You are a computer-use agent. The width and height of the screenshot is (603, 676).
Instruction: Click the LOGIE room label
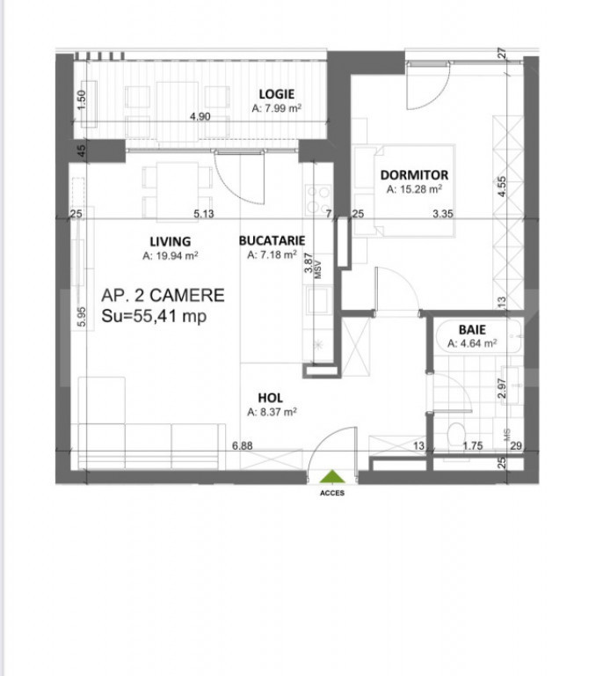(x=276, y=94)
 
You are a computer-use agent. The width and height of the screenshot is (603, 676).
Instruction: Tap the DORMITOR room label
(x=414, y=175)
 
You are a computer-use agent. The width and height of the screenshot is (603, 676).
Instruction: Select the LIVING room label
(x=170, y=241)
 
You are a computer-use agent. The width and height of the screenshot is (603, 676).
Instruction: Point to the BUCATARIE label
(x=272, y=239)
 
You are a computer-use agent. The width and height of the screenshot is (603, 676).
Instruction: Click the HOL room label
(x=270, y=396)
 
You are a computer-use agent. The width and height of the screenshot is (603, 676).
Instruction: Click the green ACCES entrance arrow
(x=331, y=478)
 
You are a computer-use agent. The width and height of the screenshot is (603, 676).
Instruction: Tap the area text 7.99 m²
(x=278, y=109)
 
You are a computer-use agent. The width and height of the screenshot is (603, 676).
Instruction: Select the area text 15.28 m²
(x=413, y=188)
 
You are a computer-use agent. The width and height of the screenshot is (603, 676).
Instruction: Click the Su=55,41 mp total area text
(x=154, y=316)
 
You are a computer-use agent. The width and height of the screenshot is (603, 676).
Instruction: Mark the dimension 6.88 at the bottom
(x=243, y=445)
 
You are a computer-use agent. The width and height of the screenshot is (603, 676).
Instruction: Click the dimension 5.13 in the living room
(x=204, y=213)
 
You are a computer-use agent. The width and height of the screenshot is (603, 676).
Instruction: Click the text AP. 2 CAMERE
(x=163, y=296)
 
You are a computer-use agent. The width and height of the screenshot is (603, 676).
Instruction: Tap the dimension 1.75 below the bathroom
(x=473, y=446)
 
